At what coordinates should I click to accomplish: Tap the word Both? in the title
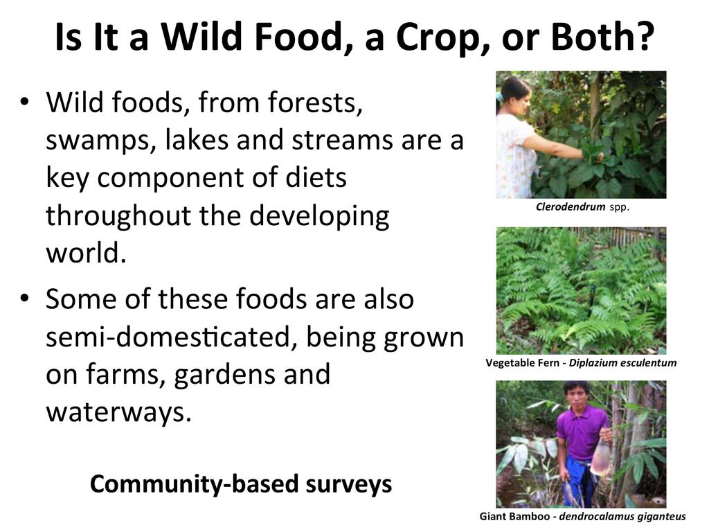tap(603, 36)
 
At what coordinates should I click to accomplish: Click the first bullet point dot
tap(24, 101)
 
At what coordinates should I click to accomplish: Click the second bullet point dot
tap(24, 298)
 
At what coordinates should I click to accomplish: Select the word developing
tap(319, 216)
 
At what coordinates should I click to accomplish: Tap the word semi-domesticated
tap(172, 337)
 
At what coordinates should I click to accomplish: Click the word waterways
tap(118, 413)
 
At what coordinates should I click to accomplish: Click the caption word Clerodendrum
tap(571, 207)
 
